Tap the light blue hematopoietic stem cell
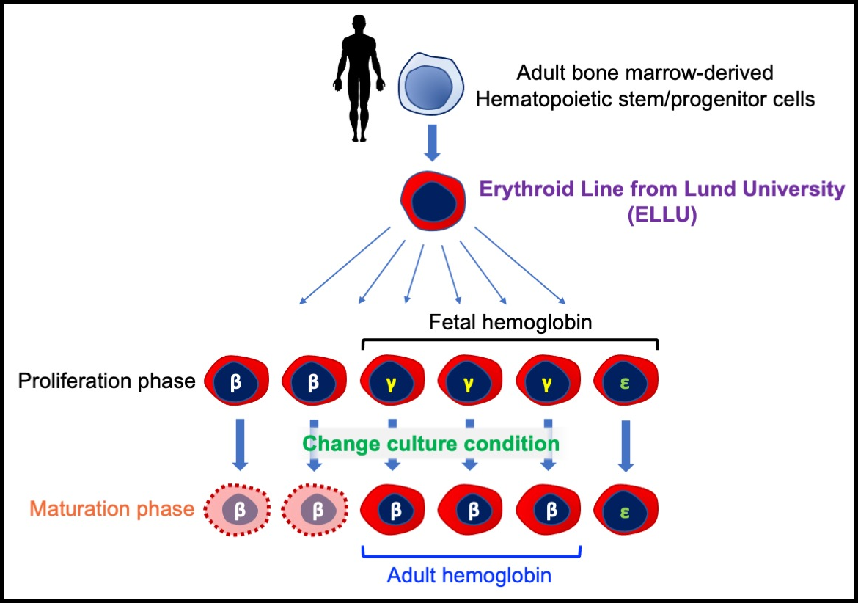pos(433,87)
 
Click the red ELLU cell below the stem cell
pos(433,202)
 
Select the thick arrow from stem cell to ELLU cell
pos(433,143)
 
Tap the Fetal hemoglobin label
pos(510,322)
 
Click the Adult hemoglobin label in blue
pos(469,576)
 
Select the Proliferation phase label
pos(107,381)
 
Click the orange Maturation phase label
pos(112,508)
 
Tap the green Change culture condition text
pos(431,444)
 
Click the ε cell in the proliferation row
pos(626,381)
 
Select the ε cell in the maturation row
pos(626,509)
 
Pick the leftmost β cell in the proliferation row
pos(236,381)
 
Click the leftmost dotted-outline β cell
pos(236,509)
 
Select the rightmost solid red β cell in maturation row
pos(549,509)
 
